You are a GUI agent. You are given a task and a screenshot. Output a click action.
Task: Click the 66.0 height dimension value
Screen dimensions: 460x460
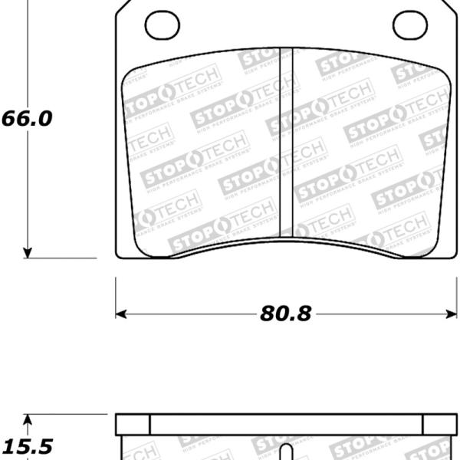coord(26,120)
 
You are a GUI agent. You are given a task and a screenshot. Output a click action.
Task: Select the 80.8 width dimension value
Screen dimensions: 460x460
coord(285,314)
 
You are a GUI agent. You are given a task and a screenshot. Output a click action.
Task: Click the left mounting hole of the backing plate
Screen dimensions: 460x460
coord(162,25)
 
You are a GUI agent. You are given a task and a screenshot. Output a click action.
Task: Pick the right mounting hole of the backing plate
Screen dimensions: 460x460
coord(409,25)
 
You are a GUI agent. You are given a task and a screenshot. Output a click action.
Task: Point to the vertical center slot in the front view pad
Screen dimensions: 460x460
coord(287,142)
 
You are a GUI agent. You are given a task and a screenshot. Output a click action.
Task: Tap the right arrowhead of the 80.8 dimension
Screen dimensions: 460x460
coord(452,314)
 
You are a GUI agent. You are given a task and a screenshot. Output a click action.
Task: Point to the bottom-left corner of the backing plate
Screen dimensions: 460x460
coord(117,256)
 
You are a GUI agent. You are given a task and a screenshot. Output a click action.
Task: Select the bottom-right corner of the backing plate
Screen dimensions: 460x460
coord(457,256)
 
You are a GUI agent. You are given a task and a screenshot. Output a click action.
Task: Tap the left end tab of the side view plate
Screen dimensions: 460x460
coord(132,425)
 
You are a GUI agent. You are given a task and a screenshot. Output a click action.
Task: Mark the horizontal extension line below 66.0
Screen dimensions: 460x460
coord(61,258)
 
